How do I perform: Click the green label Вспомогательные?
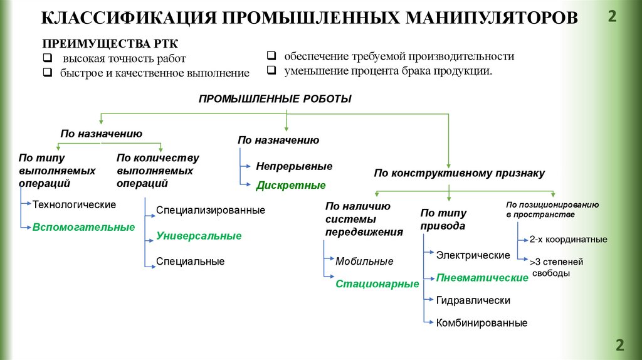click(x=83, y=227)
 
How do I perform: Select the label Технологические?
click(x=74, y=204)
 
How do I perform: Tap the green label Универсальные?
click(x=199, y=236)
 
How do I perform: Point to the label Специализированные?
click(x=211, y=210)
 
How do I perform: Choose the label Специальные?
click(x=190, y=261)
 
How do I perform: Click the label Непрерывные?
click(x=294, y=166)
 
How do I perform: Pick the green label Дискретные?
click(x=291, y=185)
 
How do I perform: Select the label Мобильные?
click(x=364, y=261)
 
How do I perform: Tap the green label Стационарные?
click(x=377, y=283)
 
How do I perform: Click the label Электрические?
click(x=473, y=255)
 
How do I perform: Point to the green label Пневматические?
click(x=482, y=277)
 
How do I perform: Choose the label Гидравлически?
click(x=473, y=300)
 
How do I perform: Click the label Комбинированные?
click(x=481, y=323)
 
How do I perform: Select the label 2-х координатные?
click(x=568, y=239)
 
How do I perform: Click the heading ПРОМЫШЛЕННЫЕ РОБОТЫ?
click(x=275, y=99)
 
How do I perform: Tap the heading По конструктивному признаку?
click(x=459, y=172)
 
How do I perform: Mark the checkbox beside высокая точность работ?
click(x=47, y=59)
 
